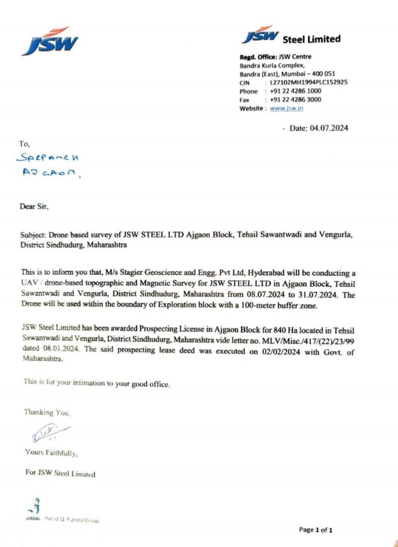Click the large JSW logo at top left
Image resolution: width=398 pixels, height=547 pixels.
pyautogui.click(x=50, y=41)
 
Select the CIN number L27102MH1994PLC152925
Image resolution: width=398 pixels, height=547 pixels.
pyautogui.click(x=308, y=83)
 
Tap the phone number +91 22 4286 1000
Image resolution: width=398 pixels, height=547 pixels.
pyautogui.click(x=296, y=91)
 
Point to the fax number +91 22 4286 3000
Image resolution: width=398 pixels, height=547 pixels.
pyautogui.click(x=296, y=100)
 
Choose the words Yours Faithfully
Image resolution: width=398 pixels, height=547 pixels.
pyautogui.click(x=51, y=453)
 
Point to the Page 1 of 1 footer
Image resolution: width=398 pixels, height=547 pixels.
pyautogui.click(x=316, y=530)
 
